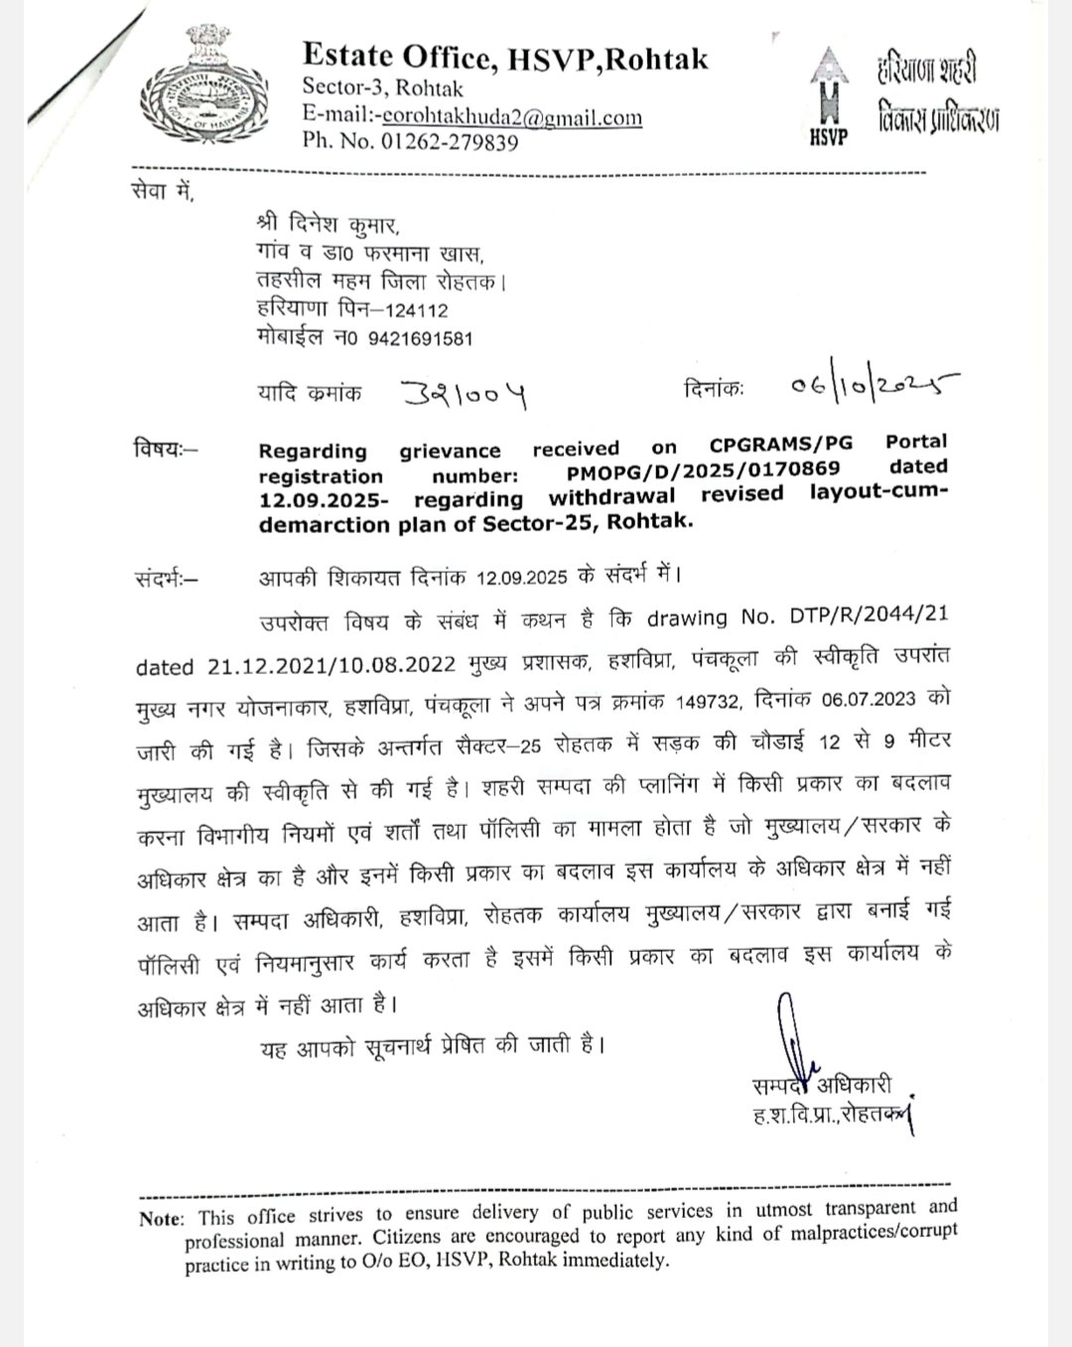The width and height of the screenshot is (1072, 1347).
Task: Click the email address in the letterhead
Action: click(511, 118)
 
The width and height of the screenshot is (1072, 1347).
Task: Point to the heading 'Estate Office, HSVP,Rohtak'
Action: click(505, 60)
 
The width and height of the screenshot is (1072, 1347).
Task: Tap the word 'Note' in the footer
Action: click(161, 1219)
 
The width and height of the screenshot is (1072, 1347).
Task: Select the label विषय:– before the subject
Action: click(166, 448)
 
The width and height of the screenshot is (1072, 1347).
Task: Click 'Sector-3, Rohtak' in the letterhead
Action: click(383, 88)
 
